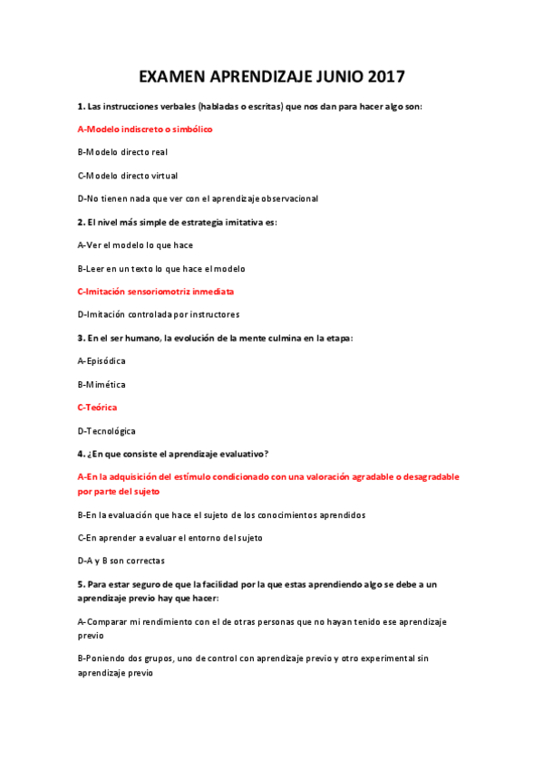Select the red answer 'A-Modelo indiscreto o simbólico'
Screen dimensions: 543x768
tap(145, 130)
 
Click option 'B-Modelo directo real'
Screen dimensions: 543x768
tap(122, 152)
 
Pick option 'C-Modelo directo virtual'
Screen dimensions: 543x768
tap(127, 176)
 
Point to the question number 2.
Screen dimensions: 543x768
tap(81, 222)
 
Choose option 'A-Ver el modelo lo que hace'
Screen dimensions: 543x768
tap(135, 245)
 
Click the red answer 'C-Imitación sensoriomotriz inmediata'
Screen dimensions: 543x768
tap(156, 292)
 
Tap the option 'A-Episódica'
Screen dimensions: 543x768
tap(102, 361)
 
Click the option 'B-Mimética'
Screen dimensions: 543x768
tap(102, 385)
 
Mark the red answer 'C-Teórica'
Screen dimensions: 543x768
tap(97, 408)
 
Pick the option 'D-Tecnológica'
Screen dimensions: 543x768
tap(107, 431)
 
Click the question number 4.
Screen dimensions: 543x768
tap(81, 454)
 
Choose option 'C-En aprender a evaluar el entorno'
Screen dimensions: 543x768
tap(170, 538)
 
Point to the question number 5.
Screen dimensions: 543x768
tap(81, 584)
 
